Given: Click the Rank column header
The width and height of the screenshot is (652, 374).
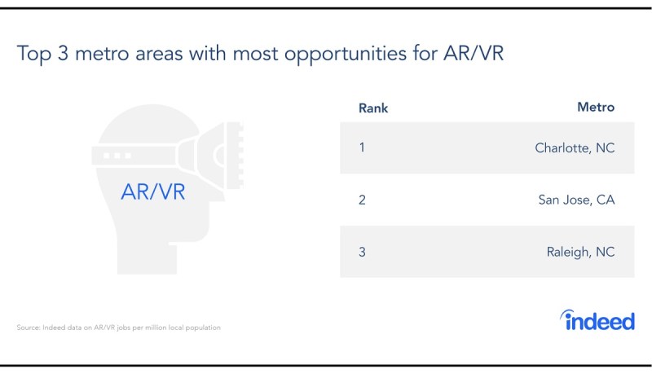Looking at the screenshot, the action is [x=373, y=108].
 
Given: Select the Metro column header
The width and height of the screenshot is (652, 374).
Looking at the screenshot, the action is [x=596, y=108].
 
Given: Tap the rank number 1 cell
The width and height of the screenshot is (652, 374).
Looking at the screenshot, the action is [x=362, y=147].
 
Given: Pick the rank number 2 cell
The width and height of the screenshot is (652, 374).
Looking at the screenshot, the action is [x=362, y=200].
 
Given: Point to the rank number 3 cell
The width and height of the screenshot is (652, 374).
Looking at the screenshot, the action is [x=362, y=252].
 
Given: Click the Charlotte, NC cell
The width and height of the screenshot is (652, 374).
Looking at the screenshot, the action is [x=575, y=148].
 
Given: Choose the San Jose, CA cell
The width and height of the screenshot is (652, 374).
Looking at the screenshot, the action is [x=576, y=200].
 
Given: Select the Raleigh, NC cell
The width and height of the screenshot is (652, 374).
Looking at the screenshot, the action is [x=580, y=252].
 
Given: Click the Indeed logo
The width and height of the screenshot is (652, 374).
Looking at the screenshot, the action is [x=597, y=320].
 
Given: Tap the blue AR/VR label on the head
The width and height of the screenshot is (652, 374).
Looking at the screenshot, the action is [x=153, y=192].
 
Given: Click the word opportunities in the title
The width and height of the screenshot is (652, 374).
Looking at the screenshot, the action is [x=345, y=54].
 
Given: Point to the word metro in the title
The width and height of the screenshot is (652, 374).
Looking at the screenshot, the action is [x=102, y=54].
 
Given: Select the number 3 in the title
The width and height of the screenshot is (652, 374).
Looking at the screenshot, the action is [x=63, y=53].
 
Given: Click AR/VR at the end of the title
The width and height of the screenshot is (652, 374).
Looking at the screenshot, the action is [x=474, y=53].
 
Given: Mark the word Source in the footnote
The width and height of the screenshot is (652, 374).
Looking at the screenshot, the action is [x=29, y=328].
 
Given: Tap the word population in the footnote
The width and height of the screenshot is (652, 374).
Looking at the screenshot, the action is [x=203, y=328].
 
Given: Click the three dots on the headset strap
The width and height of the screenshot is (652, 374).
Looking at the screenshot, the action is [x=117, y=156].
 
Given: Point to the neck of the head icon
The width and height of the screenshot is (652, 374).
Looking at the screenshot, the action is [x=147, y=257].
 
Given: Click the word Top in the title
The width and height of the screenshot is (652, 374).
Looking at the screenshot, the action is [x=33, y=54].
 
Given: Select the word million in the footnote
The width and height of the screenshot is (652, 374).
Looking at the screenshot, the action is [x=156, y=328].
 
